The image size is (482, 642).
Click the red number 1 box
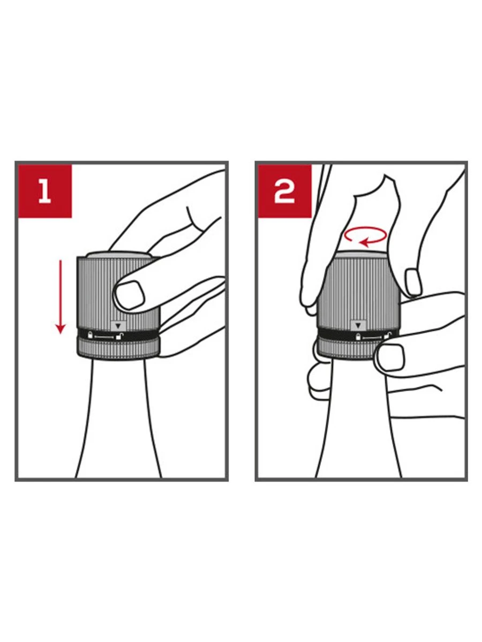(x=45, y=191)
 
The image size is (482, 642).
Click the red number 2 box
(x=284, y=191)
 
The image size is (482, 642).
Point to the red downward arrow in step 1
(x=61, y=296)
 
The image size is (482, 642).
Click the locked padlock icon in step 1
(x=90, y=335)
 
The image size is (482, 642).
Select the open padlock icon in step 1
(x=119, y=336)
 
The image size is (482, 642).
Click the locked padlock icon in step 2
(x=358, y=337)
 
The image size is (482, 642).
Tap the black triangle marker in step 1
(x=118, y=325)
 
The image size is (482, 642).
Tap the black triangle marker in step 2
(x=358, y=325)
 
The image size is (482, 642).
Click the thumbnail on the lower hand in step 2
(x=391, y=357)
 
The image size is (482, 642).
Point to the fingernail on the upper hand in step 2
(x=413, y=282)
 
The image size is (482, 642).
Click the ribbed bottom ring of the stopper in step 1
(x=118, y=349)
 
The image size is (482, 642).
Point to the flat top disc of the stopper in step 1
(x=118, y=255)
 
